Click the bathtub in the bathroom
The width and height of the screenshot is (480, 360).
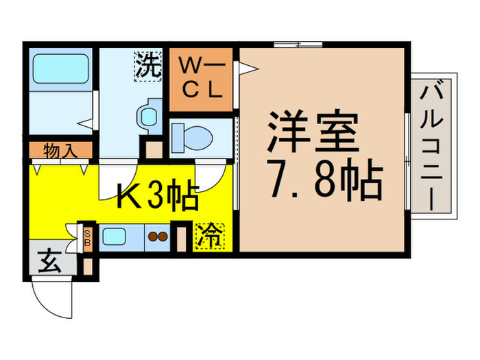coord(60,71)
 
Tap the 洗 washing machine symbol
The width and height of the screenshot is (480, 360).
coord(147,67)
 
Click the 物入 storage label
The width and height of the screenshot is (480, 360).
coord(60,149)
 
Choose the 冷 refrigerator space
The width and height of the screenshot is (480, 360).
coord(207,236)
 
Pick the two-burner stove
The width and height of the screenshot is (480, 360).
coord(158,238)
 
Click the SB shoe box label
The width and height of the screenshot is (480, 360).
coord(87,237)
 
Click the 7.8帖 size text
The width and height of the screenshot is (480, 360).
coord(322,180)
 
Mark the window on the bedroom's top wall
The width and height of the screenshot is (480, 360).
coord(297,45)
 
